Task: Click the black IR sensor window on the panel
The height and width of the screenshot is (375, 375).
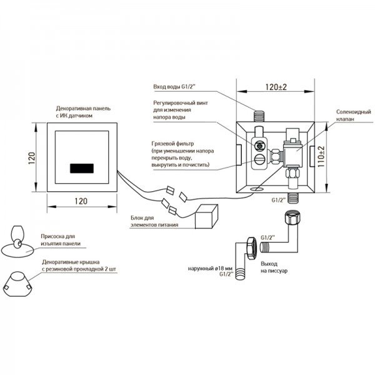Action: click(x=80, y=169)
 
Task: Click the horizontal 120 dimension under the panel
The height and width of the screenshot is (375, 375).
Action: click(x=80, y=200)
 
